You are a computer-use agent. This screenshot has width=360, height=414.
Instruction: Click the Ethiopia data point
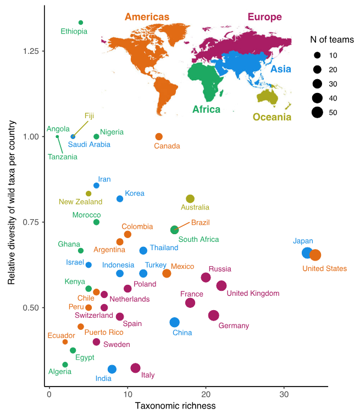(x=81, y=23)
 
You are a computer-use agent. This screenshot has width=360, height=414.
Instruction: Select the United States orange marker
(x=315, y=255)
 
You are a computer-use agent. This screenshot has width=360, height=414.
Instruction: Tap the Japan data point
(x=307, y=252)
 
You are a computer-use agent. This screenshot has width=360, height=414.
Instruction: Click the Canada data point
(x=159, y=136)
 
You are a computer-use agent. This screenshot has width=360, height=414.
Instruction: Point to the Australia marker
(x=190, y=198)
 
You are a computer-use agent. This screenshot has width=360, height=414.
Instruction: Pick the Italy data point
(x=135, y=368)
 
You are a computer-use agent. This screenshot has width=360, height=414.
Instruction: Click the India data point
(x=112, y=369)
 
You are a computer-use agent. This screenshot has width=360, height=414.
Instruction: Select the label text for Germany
(x=234, y=326)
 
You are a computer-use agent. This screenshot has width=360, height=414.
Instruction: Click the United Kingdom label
(x=253, y=294)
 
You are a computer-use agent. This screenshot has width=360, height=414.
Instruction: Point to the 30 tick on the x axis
(x=284, y=394)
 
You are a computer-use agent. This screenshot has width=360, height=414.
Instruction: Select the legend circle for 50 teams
(x=317, y=113)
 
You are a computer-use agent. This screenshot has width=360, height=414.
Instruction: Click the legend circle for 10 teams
(x=317, y=56)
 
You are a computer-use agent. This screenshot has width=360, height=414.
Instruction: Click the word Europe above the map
(x=264, y=17)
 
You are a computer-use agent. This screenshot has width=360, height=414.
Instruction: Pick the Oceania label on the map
(x=272, y=117)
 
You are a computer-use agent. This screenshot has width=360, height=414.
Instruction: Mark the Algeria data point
(x=65, y=365)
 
